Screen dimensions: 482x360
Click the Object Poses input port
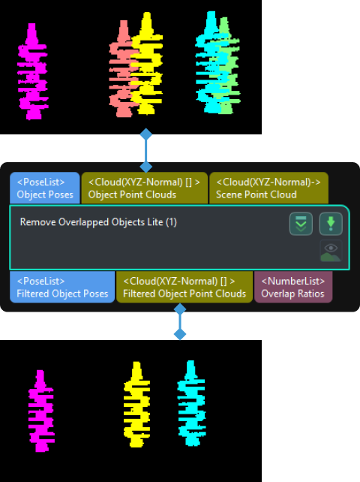click(44, 188)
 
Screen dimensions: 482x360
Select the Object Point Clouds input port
click(144, 188)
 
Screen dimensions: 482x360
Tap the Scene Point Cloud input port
click(268, 188)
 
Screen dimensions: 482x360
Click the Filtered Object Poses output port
click(62, 287)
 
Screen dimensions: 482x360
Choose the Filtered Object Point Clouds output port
click(184, 287)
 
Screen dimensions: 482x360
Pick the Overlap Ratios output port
click(292, 287)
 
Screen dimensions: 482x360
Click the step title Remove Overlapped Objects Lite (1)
click(98, 222)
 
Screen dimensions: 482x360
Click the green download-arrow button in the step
click(331, 224)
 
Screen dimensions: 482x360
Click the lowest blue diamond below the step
click(180, 333)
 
